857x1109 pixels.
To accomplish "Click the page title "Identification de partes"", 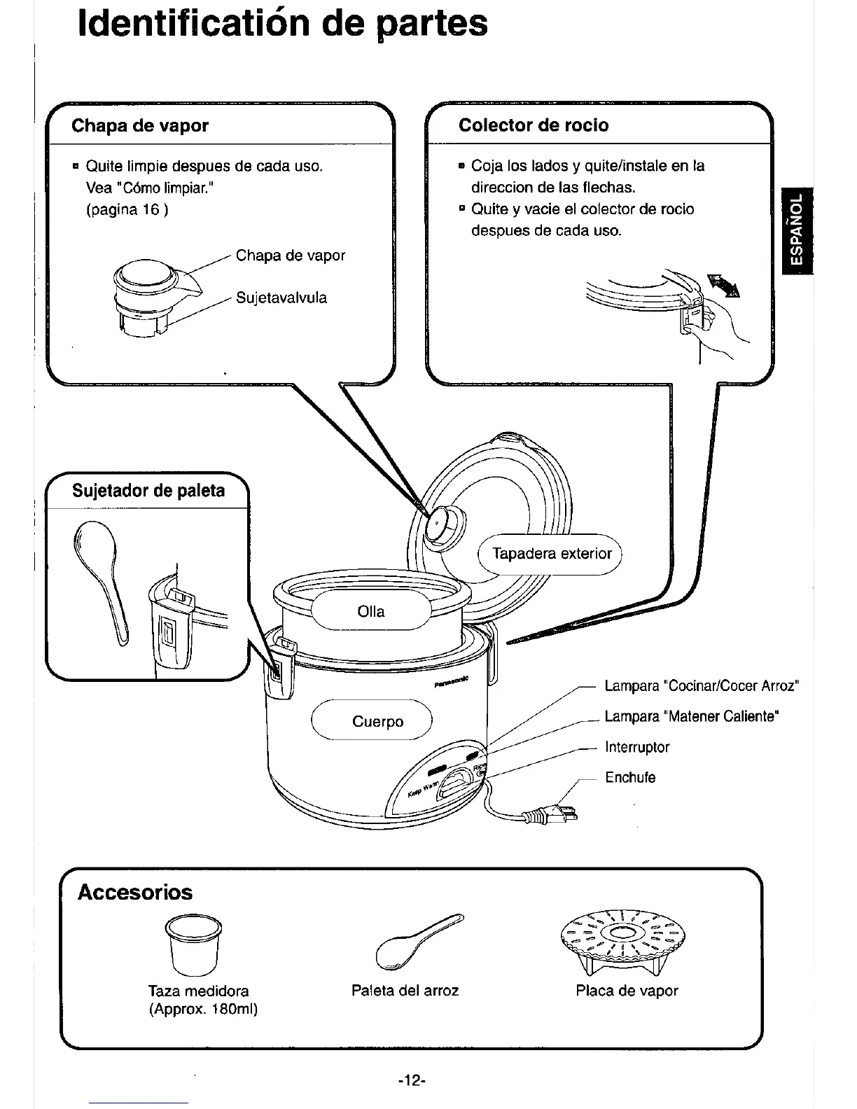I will point(282,24).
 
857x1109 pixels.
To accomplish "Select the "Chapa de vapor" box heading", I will point(140,126).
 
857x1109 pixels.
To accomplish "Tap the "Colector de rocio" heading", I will point(534,125).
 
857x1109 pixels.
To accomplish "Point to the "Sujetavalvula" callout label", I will point(281,298).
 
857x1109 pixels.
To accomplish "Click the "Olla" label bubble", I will point(370,611).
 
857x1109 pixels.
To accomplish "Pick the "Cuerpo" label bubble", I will point(377,721).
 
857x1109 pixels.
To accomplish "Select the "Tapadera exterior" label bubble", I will point(552,554).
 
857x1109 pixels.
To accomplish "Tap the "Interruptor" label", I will point(637,747).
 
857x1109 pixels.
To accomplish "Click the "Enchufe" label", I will point(630,777).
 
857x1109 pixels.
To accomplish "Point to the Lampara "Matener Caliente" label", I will point(692,716).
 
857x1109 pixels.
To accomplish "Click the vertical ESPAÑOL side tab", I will point(797,231).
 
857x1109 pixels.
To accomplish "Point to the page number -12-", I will point(412,1080).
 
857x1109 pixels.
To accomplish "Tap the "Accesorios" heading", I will point(135,892).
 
